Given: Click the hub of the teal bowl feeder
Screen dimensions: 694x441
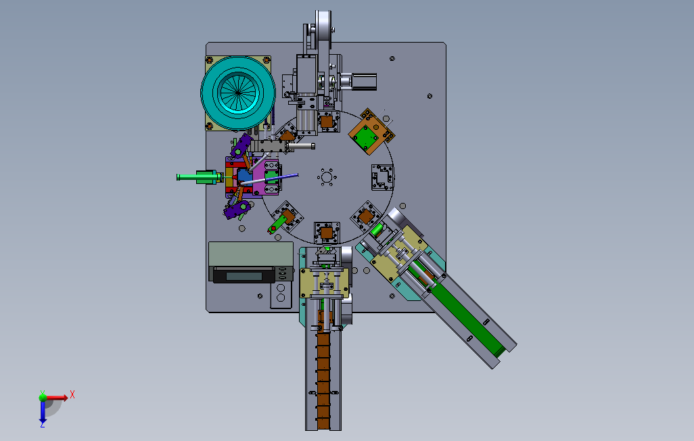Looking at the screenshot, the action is [238, 93].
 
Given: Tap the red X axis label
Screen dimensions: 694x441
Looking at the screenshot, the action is [72, 394].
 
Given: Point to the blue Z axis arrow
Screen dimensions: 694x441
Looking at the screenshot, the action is [43, 413].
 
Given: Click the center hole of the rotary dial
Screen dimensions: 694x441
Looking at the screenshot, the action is [327, 178].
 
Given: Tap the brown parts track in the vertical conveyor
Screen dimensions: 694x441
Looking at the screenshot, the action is [323, 381].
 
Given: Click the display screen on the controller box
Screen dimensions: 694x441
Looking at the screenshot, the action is [244, 276].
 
